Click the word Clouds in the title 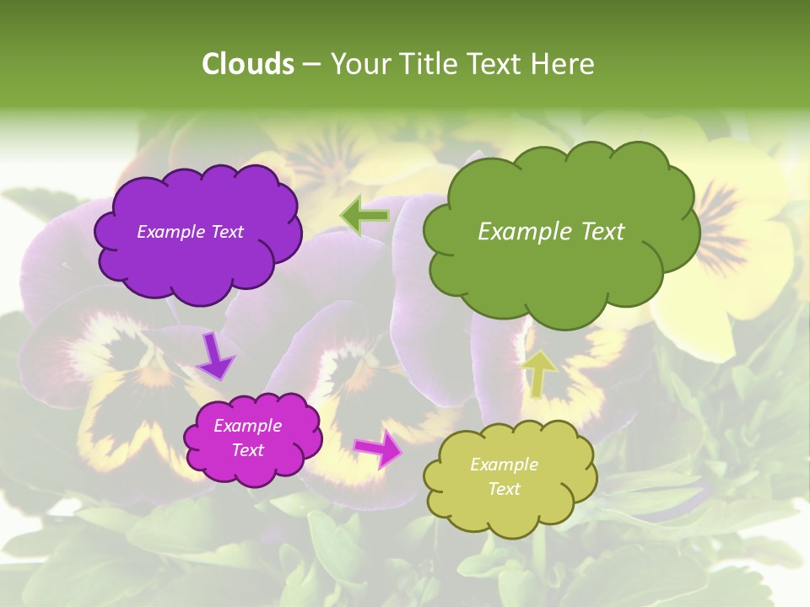(x=247, y=64)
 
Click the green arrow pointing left (x=364, y=216)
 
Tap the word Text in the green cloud (x=600, y=232)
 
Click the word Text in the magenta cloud (x=248, y=450)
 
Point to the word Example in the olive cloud (x=504, y=465)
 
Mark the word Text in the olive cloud (x=505, y=489)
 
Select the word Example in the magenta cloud (x=248, y=426)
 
